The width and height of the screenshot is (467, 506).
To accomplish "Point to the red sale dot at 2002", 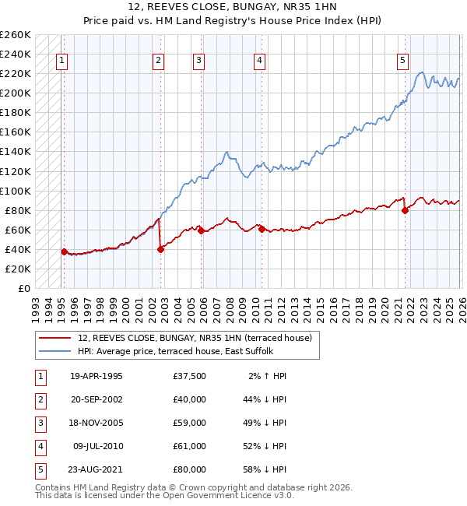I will [x=160, y=249].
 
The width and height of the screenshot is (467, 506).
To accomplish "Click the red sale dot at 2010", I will [x=261, y=229].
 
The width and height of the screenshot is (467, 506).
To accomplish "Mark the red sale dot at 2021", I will [x=405, y=210].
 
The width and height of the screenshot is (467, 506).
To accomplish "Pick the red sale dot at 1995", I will [x=64, y=251].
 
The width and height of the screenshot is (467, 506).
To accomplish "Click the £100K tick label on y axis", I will [x=15, y=191].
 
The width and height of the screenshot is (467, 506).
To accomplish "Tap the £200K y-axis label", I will [x=15, y=93].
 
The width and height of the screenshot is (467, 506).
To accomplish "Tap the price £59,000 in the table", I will [x=190, y=423].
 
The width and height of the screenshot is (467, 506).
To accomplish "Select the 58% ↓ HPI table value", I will [x=265, y=469].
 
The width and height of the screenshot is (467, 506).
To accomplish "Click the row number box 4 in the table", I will [x=39, y=446].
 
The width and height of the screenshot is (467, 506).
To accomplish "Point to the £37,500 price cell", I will [x=190, y=376].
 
